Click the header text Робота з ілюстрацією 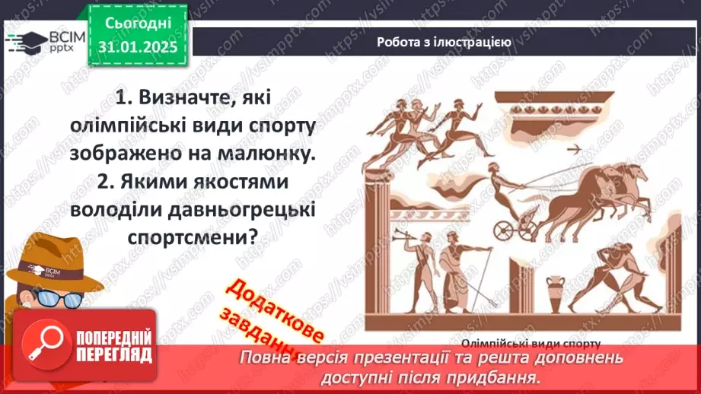pyautogui.click(x=444, y=42)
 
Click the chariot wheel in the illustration pyautogui.click(x=505, y=230)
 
